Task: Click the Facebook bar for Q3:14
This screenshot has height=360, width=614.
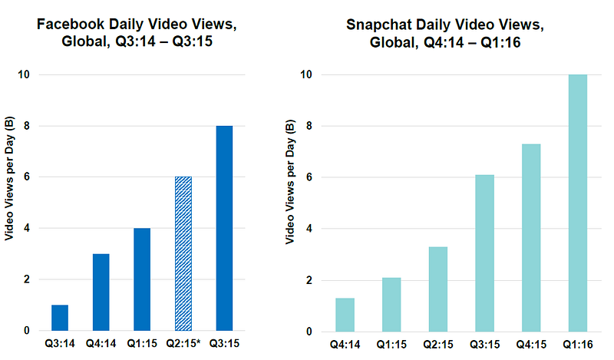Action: click(x=59, y=318)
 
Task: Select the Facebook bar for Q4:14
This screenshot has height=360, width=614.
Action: click(x=101, y=292)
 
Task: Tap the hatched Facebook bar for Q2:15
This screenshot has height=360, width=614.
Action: click(x=183, y=254)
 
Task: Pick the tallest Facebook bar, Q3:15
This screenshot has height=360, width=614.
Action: click(x=224, y=228)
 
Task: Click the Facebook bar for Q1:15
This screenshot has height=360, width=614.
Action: click(x=141, y=279)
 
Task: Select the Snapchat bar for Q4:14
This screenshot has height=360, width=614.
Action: click(x=345, y=315)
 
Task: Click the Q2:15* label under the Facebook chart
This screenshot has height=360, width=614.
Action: click(x=184, y=345)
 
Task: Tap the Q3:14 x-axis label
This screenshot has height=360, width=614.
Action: click(x=59, y=345)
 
